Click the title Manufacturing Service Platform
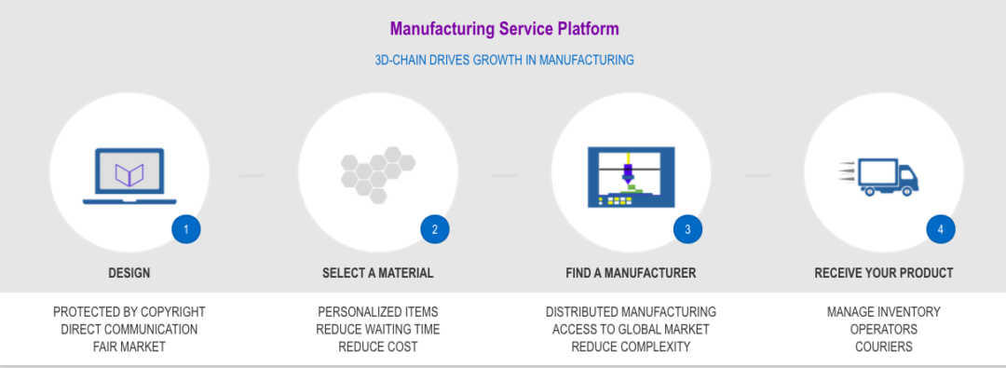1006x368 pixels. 504,29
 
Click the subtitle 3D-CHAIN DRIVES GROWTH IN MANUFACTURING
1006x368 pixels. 504,60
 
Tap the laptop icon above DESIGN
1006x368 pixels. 129,175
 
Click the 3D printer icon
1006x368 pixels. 631,175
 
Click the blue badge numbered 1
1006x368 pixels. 185,229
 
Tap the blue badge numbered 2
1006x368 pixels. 435,229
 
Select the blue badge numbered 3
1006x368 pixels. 687,229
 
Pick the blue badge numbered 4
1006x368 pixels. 941,229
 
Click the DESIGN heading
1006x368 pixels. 129,274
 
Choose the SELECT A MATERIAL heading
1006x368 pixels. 378,274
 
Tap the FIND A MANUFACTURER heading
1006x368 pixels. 631,274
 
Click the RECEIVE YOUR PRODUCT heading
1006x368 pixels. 884,274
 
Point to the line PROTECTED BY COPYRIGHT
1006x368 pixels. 129,312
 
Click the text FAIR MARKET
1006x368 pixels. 129,347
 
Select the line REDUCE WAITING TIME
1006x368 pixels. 378,330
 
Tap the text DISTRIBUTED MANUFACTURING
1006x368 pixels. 631,312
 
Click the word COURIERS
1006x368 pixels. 884,347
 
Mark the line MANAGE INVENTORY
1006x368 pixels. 884,312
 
